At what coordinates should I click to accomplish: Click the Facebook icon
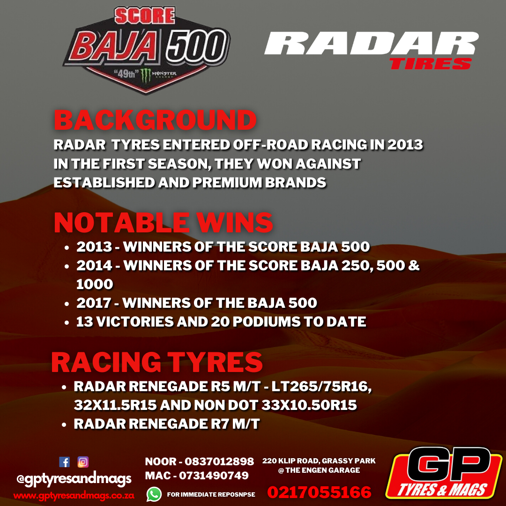pos(65,462)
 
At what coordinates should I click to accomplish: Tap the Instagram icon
pos(83,462)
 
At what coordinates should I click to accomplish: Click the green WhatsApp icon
pos(154,494)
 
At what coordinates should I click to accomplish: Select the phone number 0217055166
pos(319,492)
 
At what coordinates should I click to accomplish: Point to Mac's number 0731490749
pos(214,476)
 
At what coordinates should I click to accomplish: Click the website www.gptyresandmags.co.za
pos(74,495)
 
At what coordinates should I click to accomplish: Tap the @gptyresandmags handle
pos(74,479)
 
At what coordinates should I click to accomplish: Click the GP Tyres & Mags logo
pos(444,473)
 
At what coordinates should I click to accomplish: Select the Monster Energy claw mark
pos(146,75)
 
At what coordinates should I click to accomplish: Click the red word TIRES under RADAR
pos(431,64)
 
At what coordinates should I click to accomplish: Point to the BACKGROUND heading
pos(155,120)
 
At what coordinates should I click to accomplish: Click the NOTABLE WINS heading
pos(164,223)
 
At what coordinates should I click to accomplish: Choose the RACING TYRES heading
pos(157,362)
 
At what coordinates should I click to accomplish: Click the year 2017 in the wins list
pos(94,303)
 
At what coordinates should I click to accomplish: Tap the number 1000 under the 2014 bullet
pos(95,284)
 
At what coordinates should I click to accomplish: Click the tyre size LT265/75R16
pos(321,386)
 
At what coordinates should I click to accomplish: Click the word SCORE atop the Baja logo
pos(145,16)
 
